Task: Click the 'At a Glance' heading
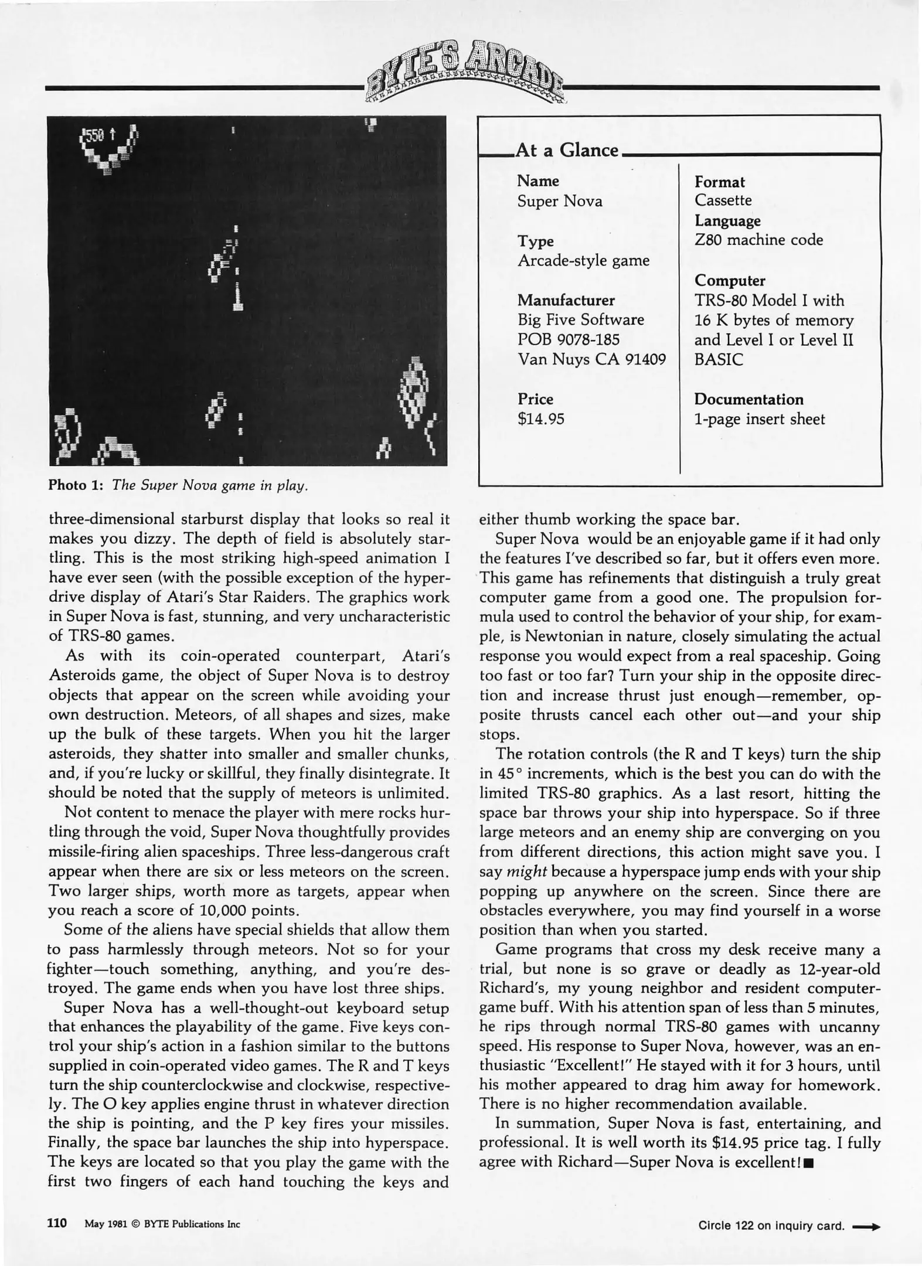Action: coord(566,150)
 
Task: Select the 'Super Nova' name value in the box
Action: coord(559,202)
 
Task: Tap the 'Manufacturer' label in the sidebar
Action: coord(566,300)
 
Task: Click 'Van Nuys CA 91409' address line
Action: coord(591,359)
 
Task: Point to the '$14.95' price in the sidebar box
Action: coord(540,418)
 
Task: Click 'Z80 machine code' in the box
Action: coord(758,240)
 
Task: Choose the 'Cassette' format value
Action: coord(723,200)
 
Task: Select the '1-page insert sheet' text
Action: coord(759,419)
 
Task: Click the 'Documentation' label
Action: coord(749,399)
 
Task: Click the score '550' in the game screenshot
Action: coord(94,136)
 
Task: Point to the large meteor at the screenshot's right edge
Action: coord(415,389)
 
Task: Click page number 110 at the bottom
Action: coord(57,1223)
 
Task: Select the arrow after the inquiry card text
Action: coord(866,1226)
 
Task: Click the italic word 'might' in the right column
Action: coord(526,872)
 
